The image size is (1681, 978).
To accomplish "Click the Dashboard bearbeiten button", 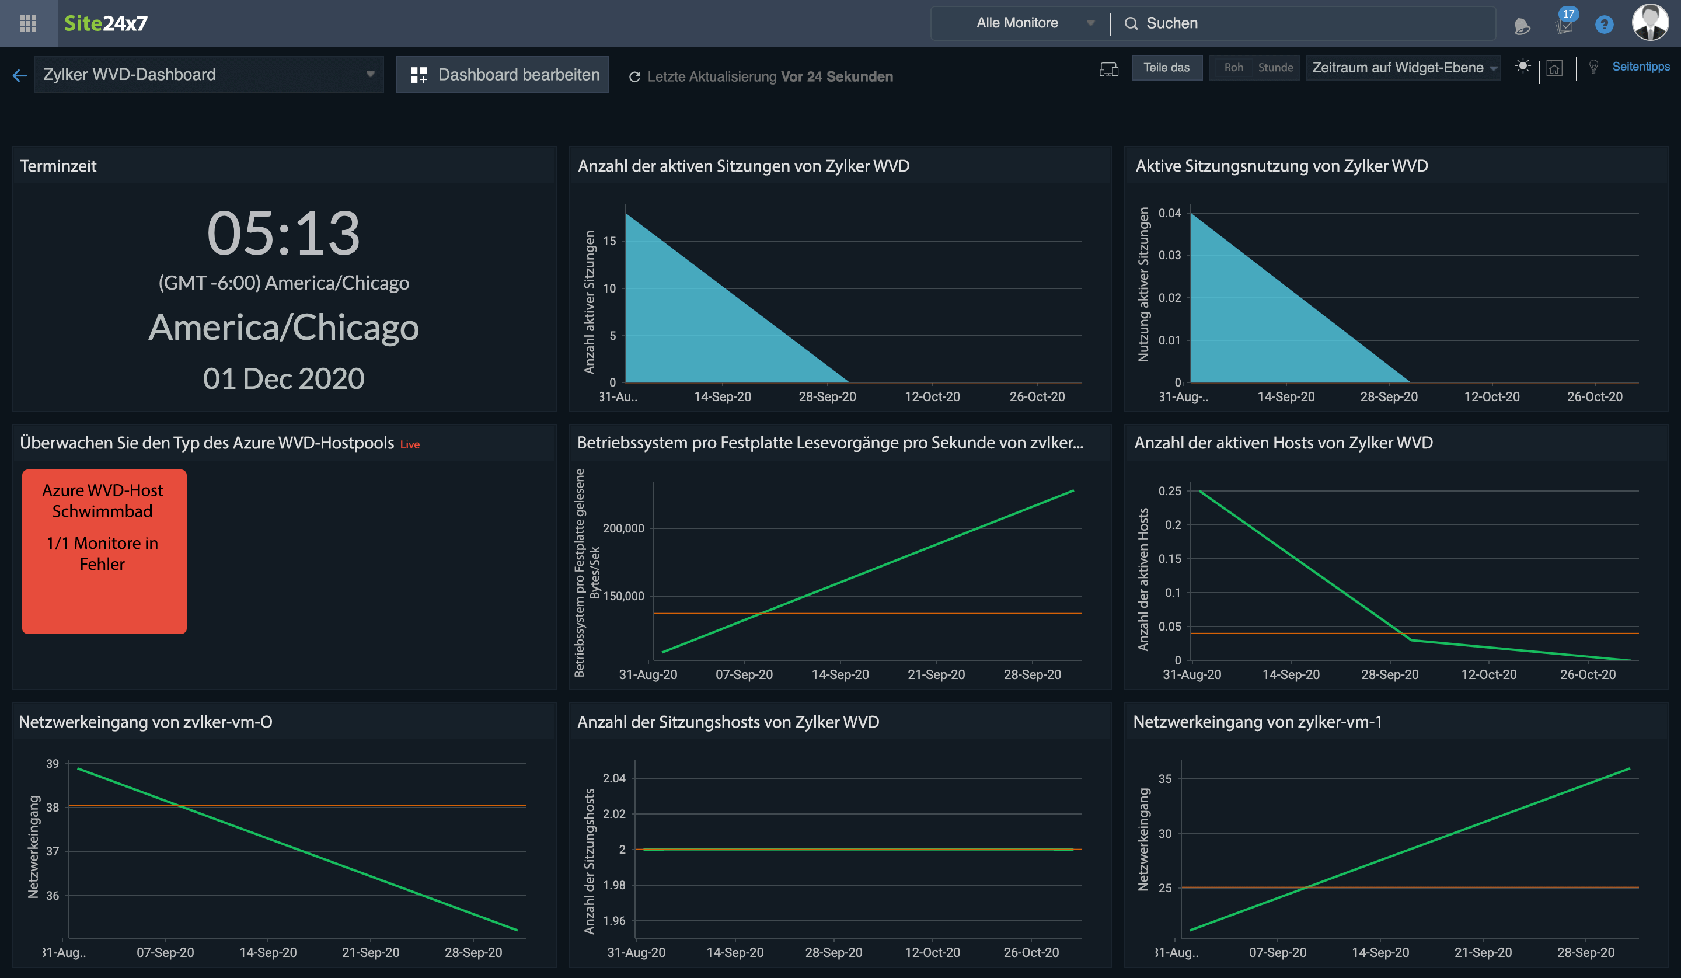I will [503, 75].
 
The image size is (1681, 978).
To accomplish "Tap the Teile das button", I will [1166, 67].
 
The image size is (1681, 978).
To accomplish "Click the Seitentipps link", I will [1640, 67].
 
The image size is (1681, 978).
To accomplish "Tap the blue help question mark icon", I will [1603, 25].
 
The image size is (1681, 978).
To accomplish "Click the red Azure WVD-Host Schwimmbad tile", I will [104, 551].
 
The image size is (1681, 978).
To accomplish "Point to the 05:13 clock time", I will [284, 233].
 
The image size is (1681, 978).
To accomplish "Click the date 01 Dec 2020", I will [284, 378].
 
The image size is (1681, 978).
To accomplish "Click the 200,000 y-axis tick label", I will [623, 528].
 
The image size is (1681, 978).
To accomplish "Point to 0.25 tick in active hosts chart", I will [1169, 491].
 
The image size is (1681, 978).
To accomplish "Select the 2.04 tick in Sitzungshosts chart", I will [613, 778].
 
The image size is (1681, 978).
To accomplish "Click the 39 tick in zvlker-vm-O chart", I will [52, 764].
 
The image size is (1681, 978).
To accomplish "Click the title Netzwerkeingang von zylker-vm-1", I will [1257, 722].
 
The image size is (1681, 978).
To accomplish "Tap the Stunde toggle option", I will [1275, 67].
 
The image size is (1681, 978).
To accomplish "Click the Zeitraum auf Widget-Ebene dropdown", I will [1403, 67].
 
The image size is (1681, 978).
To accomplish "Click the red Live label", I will [410, 444].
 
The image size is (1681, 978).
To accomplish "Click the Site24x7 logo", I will [106, 23].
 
